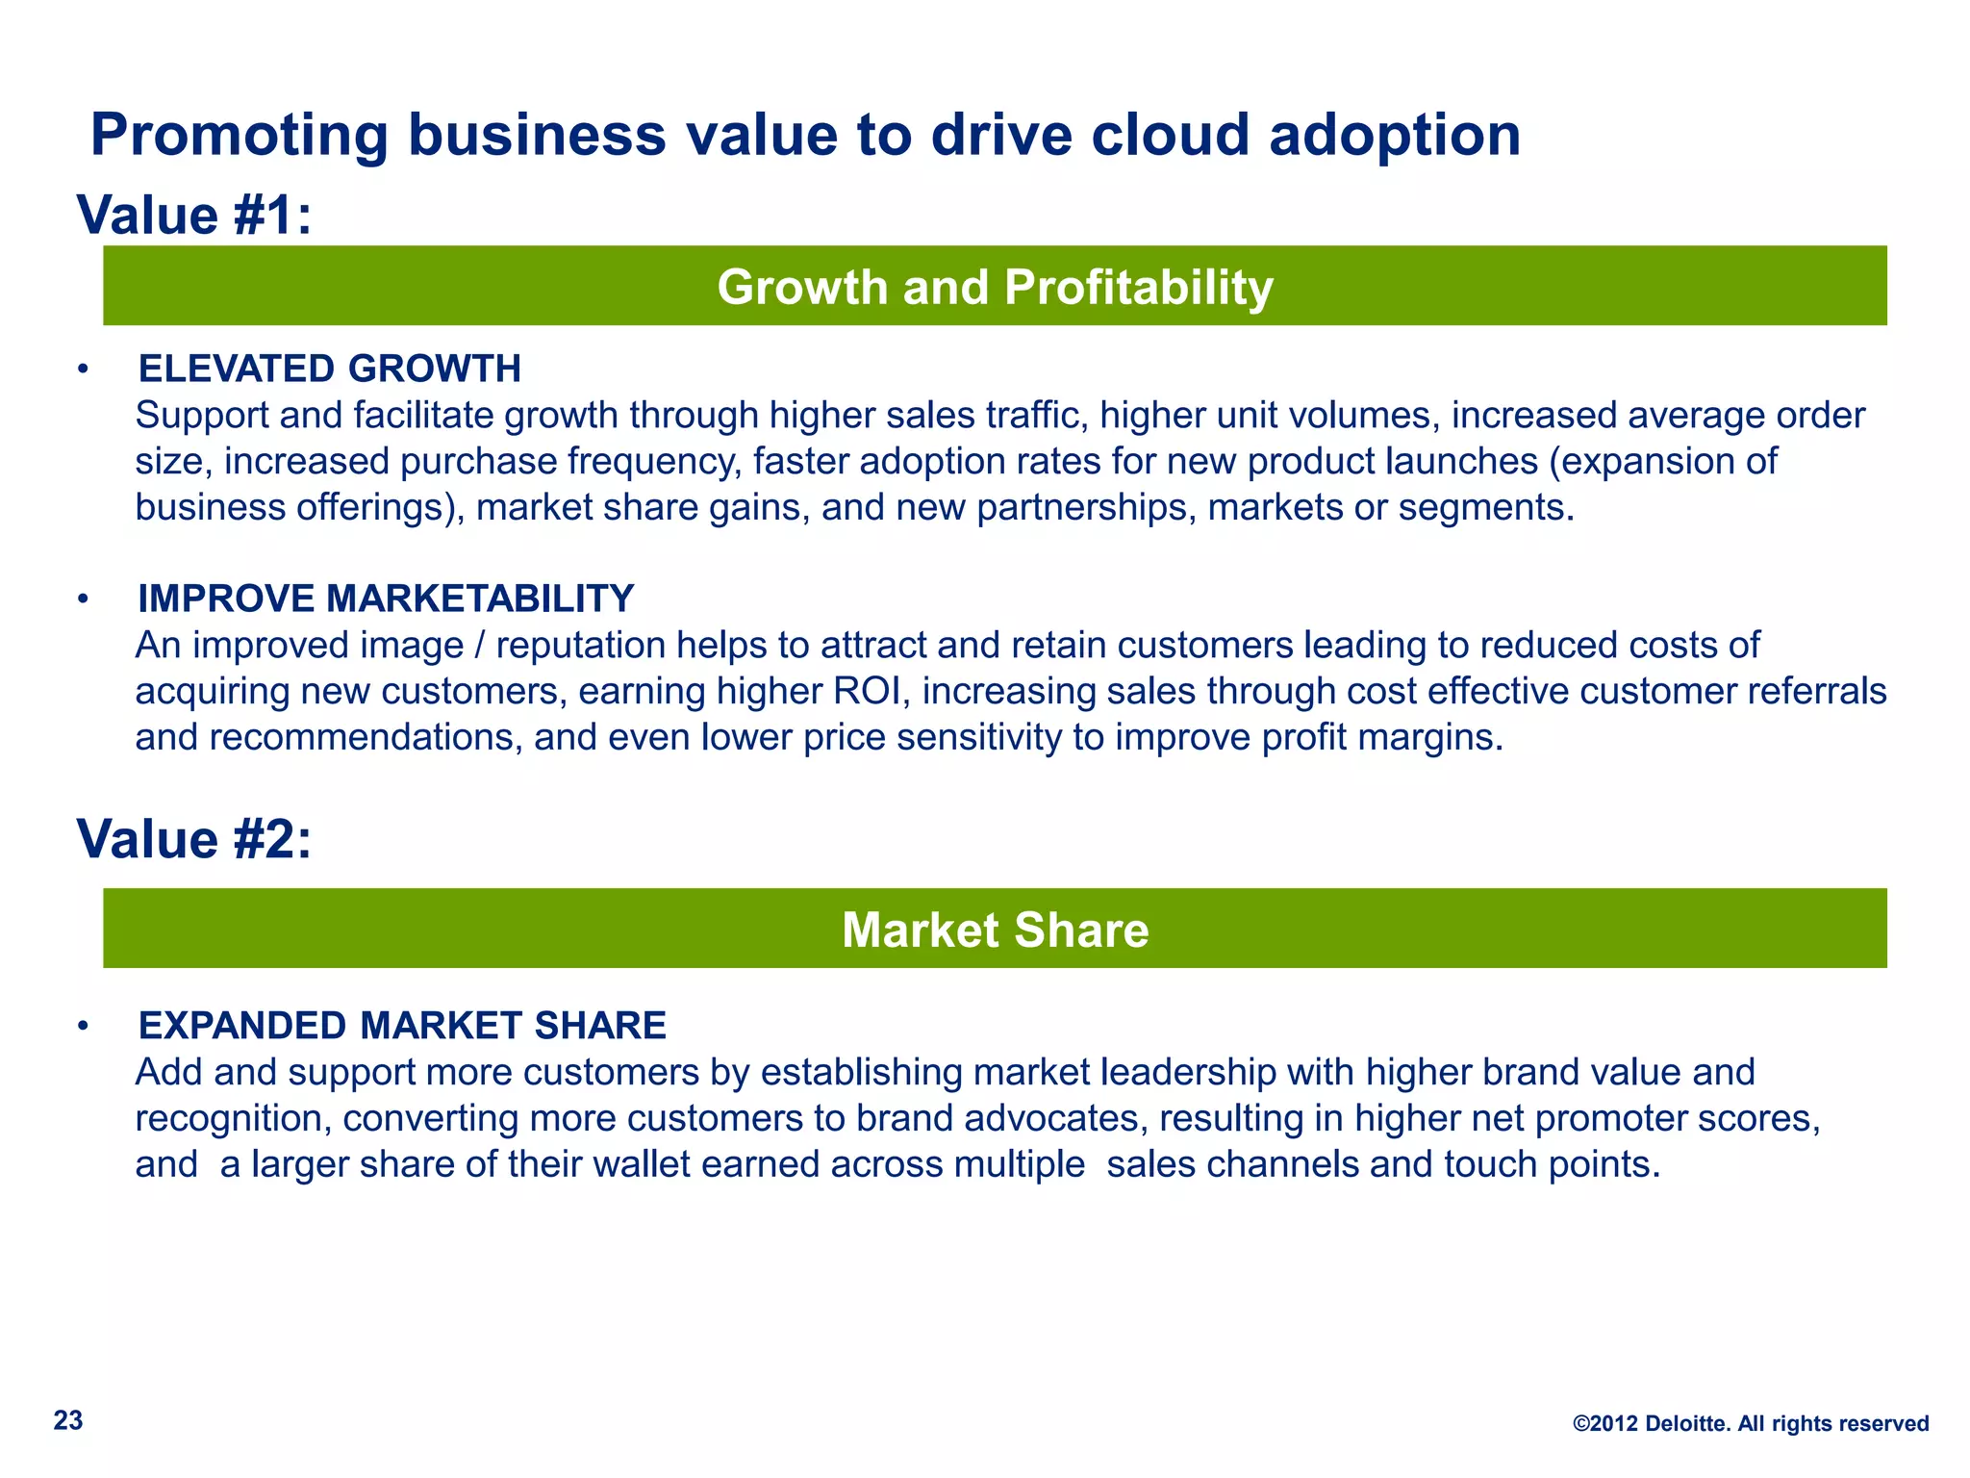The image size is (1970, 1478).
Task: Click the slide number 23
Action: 68,1420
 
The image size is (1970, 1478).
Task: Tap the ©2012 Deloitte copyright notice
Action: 1750,1423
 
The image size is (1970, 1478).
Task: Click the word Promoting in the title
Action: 240,136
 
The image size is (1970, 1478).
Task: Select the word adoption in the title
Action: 1395,136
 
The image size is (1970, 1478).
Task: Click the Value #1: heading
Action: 194,215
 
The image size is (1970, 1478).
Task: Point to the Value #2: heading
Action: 194,839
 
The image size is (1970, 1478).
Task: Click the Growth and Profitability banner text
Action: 995,287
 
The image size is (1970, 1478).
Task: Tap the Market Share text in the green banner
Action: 995,930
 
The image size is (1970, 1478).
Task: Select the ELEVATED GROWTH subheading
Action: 329,369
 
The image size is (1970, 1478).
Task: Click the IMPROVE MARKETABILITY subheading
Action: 386,599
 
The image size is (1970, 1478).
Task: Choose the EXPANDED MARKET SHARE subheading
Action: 402,1026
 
